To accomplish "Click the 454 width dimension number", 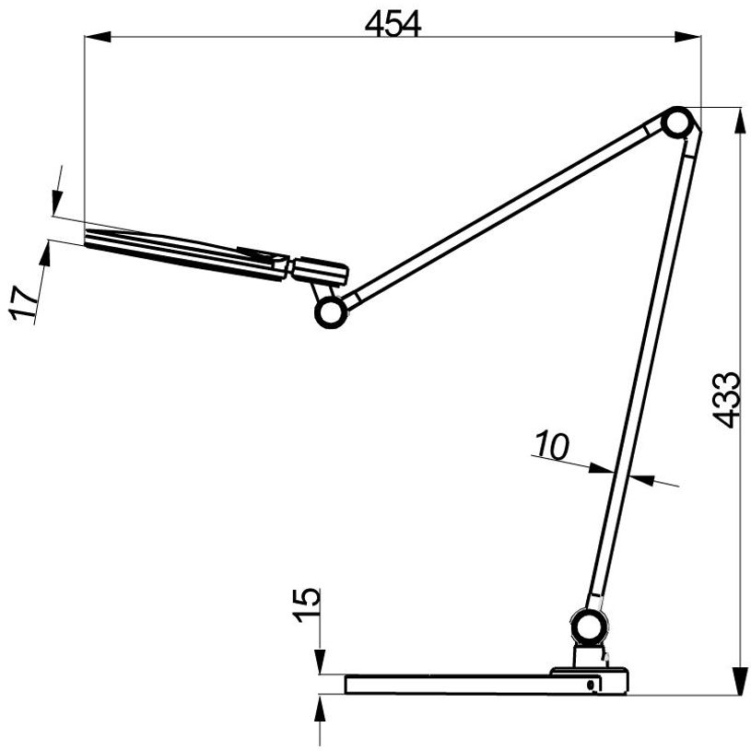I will (x=393, y=25).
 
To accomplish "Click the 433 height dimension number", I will (x=727, y=399).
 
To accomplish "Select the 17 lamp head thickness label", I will (x=27, y=304).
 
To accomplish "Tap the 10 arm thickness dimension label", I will (x=551, y=447).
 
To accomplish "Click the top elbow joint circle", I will (x=677, y=123).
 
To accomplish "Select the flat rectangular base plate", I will (x=461, y=685).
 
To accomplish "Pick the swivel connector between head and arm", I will (x=318, y=271).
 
